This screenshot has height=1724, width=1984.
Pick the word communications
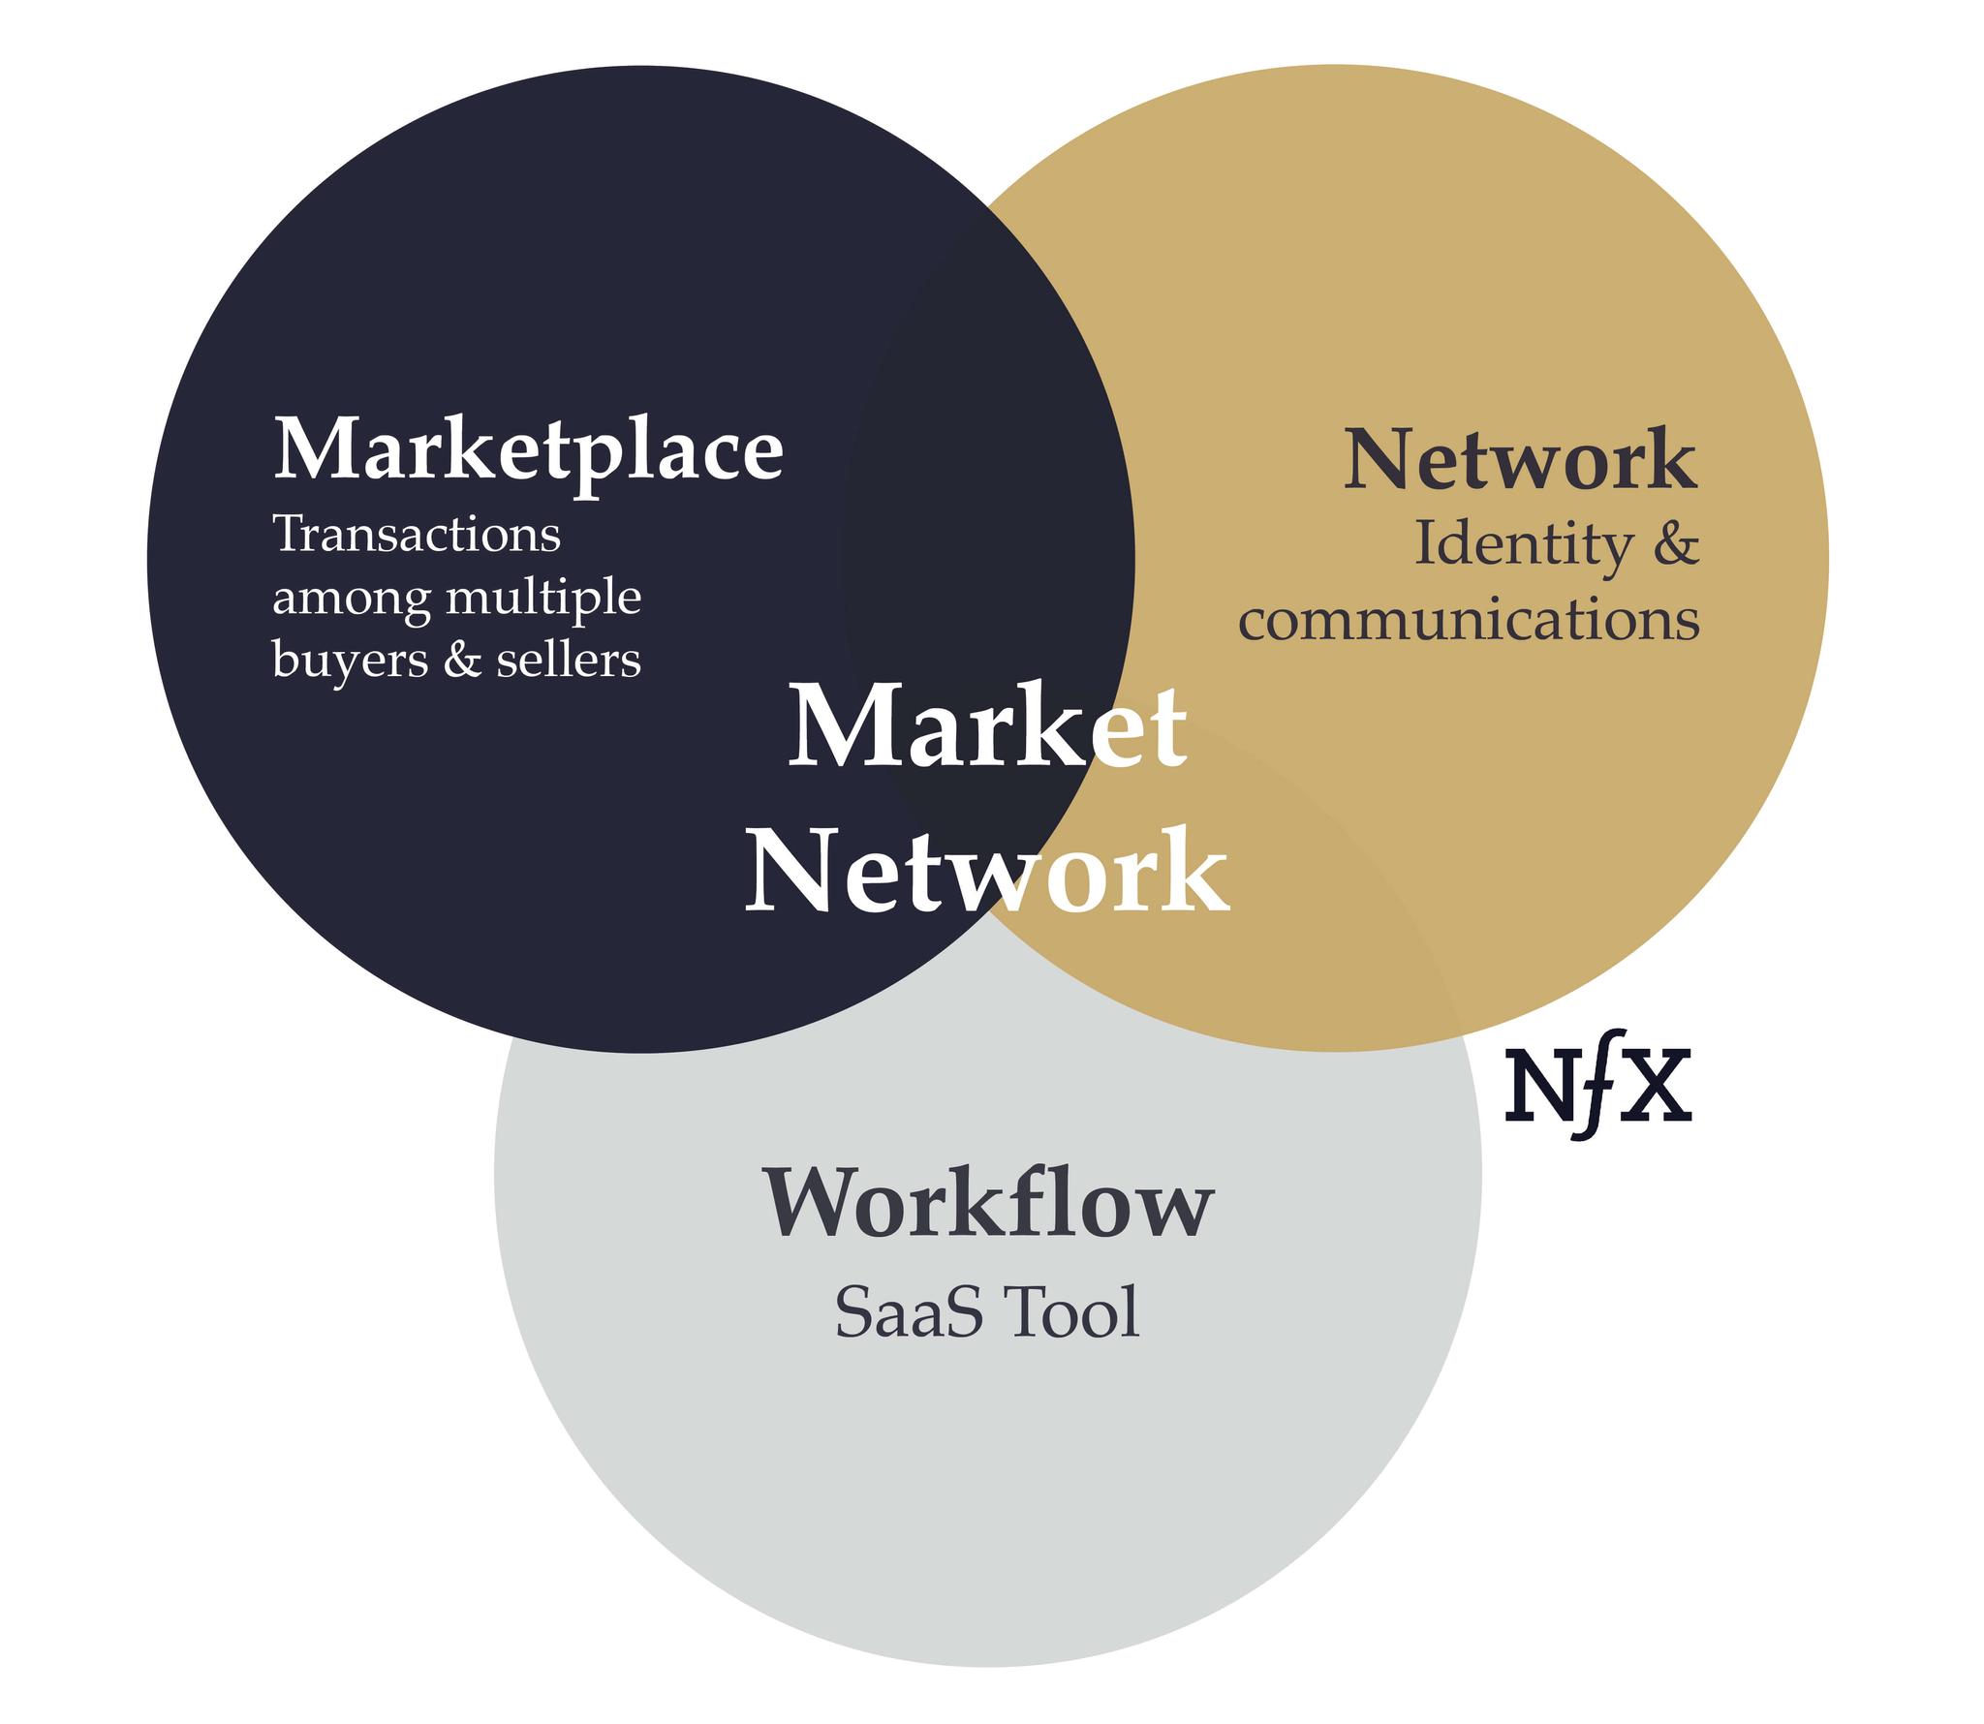point(1469,620)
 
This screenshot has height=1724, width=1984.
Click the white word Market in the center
point(987,726)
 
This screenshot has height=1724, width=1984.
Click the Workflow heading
point(988,1203)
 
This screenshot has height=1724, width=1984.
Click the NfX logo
point(1598,1085)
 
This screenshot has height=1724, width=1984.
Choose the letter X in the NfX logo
point(1657,1086)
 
